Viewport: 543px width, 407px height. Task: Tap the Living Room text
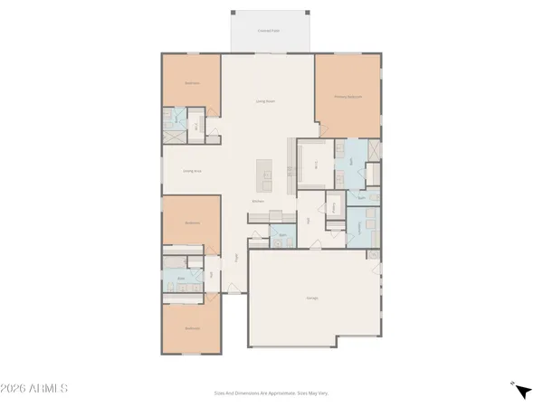pos(264,102)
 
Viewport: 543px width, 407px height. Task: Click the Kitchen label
pos(258,201)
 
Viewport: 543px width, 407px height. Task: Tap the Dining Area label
pos(192,170)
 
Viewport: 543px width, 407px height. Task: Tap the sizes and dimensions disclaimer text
pos(271,393)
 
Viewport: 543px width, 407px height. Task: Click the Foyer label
pos(238,257)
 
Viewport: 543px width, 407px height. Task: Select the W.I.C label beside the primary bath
pos(315,166)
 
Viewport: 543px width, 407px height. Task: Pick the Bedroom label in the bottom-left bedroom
pos(192,328)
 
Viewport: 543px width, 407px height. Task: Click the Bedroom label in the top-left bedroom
pos(192,83)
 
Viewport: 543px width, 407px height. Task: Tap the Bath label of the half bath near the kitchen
pos(282,234)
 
